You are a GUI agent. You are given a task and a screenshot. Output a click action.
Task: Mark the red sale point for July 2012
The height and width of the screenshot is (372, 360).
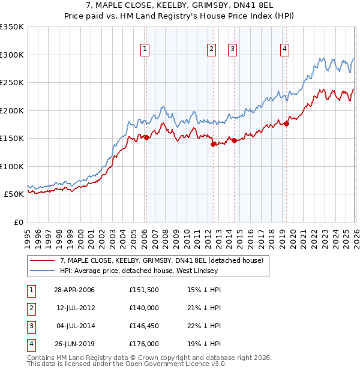pos(212,144)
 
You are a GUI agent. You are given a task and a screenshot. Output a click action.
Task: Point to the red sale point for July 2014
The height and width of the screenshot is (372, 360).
pos(233,140)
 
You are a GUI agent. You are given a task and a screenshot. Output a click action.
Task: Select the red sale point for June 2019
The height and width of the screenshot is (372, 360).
pos(286,124)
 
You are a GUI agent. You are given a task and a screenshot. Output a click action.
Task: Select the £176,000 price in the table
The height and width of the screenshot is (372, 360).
pos(144,344)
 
